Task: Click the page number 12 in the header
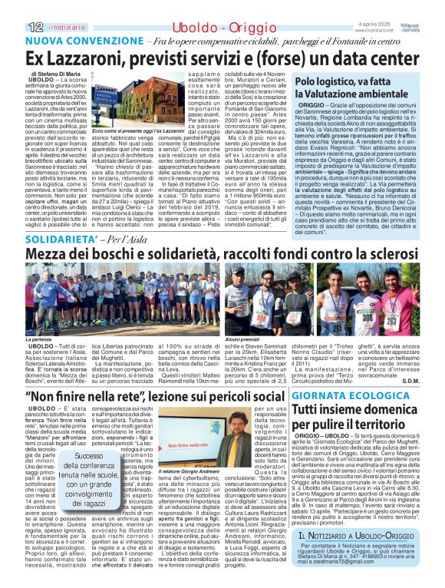click(x=12, y=7)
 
